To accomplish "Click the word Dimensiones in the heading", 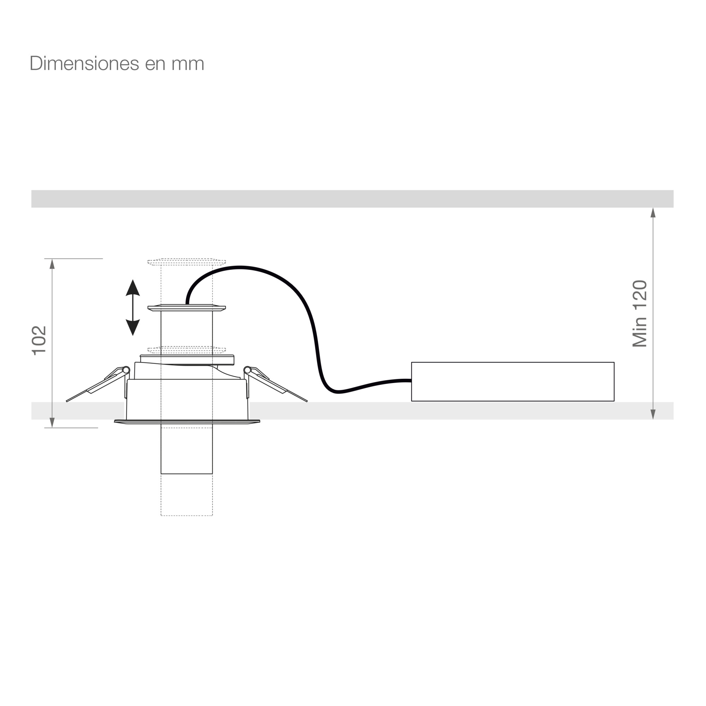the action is (84, 64).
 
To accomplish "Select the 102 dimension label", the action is (39, 341).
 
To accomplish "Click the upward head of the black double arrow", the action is (133, 288).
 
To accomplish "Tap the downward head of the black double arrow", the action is (133, 328).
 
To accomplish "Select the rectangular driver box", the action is (513, 382).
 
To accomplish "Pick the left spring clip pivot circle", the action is (126, 370).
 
